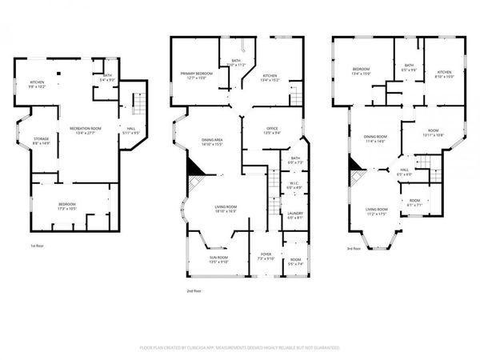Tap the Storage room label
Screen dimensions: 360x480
(x=41, y=139)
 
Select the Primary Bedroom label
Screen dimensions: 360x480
(x=193, y=74)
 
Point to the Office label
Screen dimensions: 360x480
(x=260, y=130)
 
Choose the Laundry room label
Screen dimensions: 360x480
(x=294, y=213)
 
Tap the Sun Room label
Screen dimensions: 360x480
(x=218, y=258)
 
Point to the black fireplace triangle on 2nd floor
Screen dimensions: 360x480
(x=192, y=167)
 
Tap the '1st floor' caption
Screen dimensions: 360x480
(x=37, y=245)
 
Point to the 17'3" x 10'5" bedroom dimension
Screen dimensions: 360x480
(x=67, y=208)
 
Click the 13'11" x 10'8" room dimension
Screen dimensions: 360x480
(x=434, y=134)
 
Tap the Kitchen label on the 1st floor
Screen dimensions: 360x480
(x=38, y=82)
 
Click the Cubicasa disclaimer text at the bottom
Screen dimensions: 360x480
(x=240, y=348)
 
